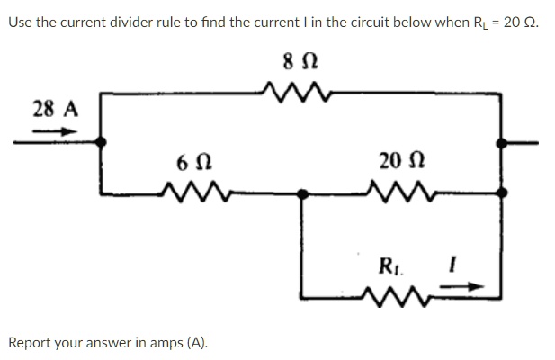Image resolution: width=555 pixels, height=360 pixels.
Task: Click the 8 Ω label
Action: (x=300, y=62)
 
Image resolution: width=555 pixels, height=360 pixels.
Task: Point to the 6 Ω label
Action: (x=194, y=163)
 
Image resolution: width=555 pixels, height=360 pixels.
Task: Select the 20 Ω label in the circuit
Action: (x=402, y=161)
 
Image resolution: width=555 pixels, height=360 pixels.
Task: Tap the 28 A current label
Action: (x=56, y=109)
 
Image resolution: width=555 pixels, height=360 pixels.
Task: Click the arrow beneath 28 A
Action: (x=55, y=131)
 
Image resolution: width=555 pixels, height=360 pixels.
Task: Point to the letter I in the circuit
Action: (x=452, y=265)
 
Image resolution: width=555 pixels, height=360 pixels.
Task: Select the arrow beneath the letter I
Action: (x=461, y=286)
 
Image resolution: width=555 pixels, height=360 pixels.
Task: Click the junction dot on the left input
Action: (x=101, y=142)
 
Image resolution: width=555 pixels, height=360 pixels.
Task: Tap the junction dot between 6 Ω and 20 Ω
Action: (x=302, y=194)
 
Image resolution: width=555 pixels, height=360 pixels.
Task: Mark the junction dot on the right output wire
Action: (x=501, y=143)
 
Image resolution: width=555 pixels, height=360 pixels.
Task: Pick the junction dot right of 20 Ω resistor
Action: (x=502, y=193)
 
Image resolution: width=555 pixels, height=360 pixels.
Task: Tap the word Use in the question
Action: (x=21, y=22)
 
